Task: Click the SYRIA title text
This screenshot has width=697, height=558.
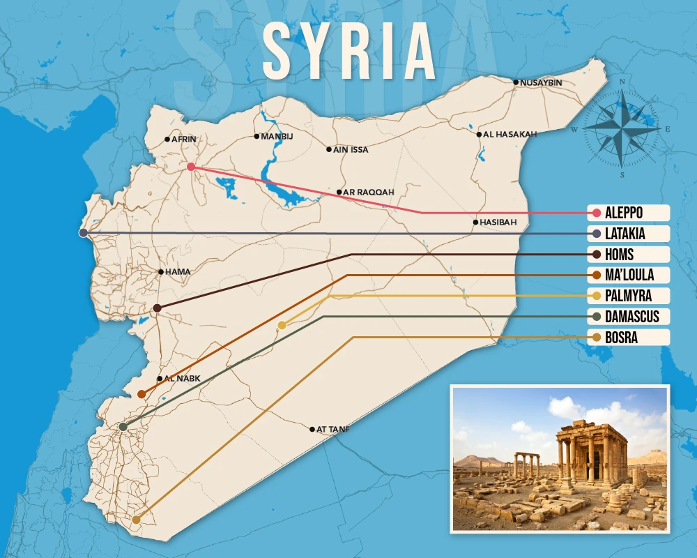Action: [348, 52]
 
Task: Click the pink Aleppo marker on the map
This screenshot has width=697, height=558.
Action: [190, 167]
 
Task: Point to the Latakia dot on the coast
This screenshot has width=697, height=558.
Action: [84, 233]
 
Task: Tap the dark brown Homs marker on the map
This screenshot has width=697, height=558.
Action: [157, 308]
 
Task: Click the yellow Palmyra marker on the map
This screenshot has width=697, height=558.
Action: [282, 325]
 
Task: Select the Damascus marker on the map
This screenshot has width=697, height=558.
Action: [123, 426]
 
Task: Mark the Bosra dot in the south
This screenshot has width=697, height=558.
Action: [136, 520]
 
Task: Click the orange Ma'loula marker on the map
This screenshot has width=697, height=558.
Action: [141, 394]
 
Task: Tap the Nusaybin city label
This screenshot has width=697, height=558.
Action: [541, 82]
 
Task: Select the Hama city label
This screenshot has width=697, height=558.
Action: [178, 272]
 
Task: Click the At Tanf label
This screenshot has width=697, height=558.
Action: [332, 429]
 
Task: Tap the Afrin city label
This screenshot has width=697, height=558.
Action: [184, 139]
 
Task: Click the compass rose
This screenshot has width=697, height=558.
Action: [621, 128]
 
